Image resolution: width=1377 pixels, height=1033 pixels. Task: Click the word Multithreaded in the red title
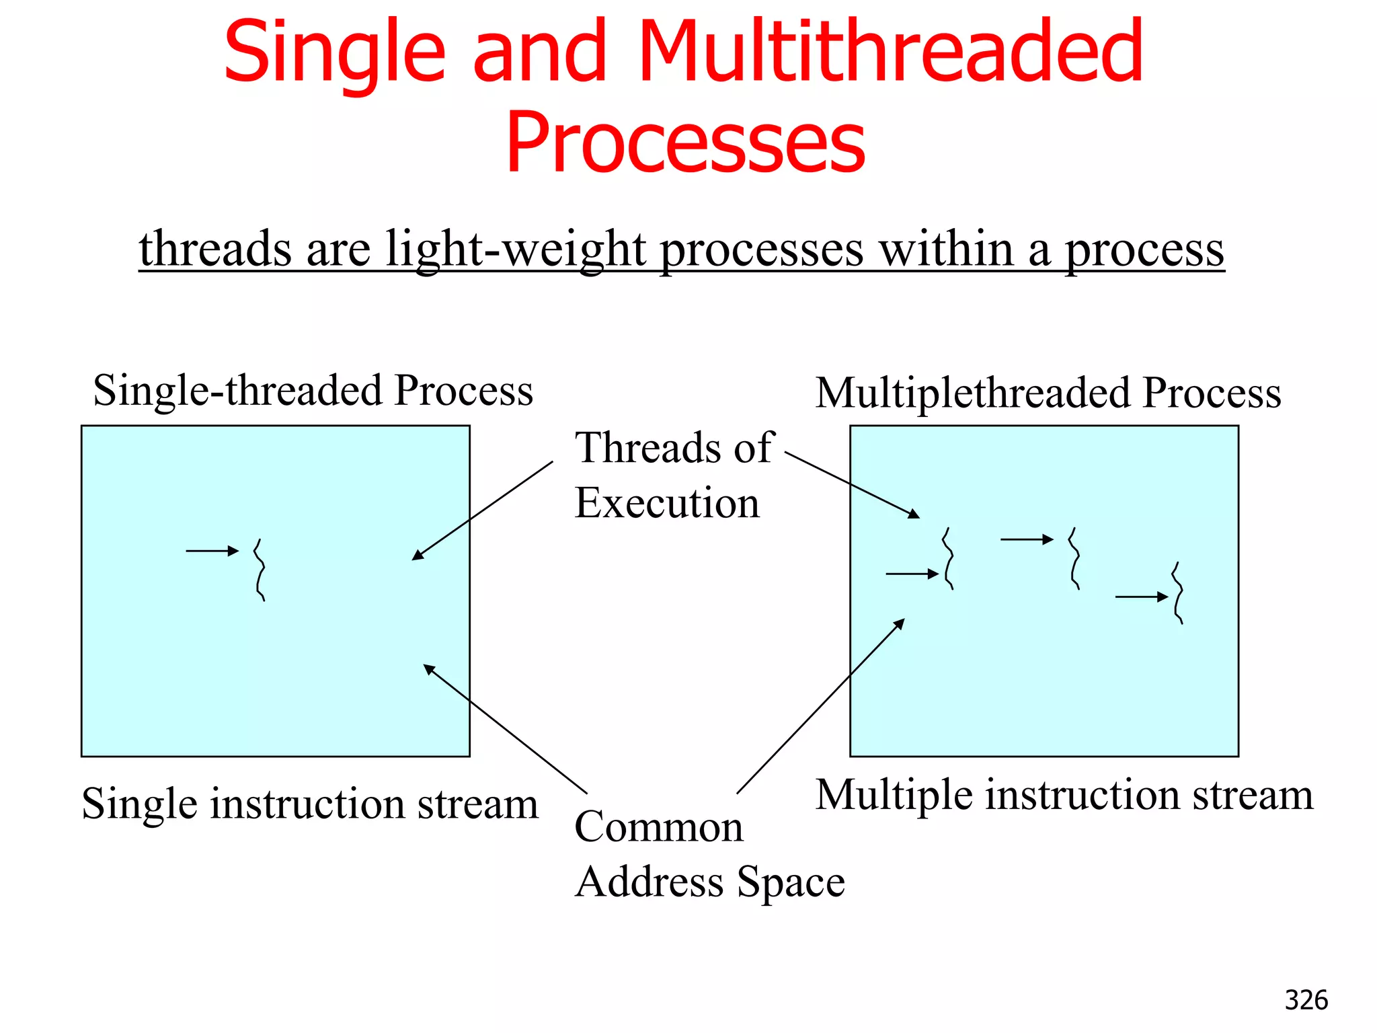pyautogui.click(x=891, y=52)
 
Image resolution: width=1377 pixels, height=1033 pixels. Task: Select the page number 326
pyautogui.click(x=1306, y=1000)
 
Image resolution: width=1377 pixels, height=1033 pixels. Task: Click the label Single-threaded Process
pyautogui.click(x=313, y=390)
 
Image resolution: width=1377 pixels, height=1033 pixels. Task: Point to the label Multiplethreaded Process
pyautogui.click(x=1048, y=393)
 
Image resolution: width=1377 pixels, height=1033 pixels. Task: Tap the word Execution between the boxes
pyautogui.click(x=667, y=503)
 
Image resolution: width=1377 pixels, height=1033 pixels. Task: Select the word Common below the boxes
pyautogui.click(x=659, y=827)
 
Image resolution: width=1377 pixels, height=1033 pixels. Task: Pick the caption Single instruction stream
pyautogui.click(x=310, y=804)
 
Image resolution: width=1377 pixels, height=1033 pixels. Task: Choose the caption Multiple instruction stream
pyautogui.click(x=1064, y=795)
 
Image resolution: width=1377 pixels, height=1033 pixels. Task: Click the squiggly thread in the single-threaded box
pyautogui.click(x=260, y=570)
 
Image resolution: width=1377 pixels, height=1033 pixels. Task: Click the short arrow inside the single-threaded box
pyautogui.click(x=212, y=551)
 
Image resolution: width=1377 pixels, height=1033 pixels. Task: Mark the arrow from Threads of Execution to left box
pyautogui.click(x=482, y=510)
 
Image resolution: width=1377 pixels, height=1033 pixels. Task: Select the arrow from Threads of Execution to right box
pyautogui.click(x=852, y=485)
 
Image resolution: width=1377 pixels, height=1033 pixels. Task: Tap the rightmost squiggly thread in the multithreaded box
pyautogui.click(x=1178, y=592)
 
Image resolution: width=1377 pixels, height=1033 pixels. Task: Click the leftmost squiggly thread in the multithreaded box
pyautogui.click(x=948, y=559)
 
